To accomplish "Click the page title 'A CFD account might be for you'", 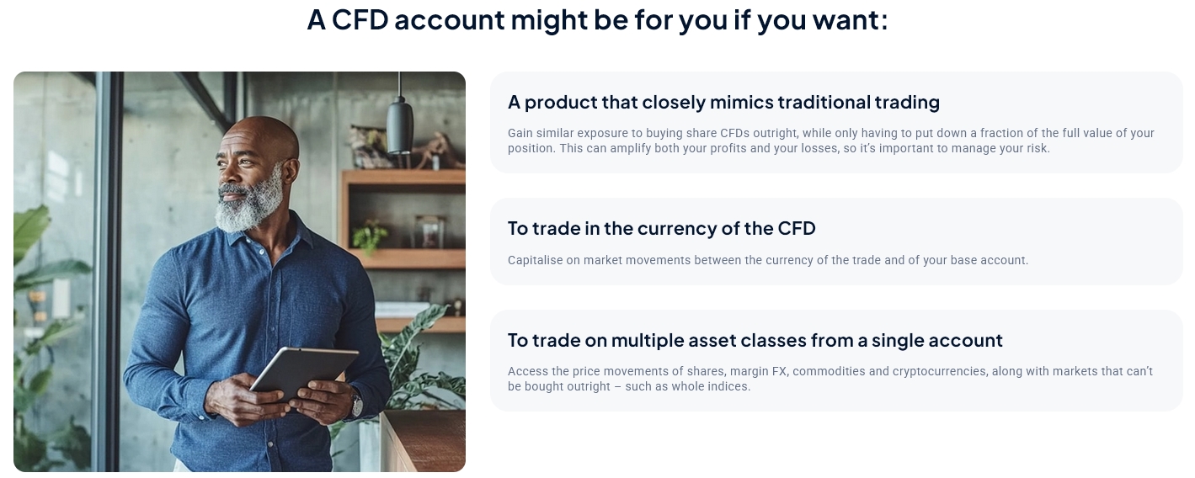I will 596,19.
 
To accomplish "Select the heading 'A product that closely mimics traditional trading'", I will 723,103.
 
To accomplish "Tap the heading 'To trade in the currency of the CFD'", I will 661,228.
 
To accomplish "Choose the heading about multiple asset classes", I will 755,340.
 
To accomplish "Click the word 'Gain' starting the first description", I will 520,133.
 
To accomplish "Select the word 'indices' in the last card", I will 730,386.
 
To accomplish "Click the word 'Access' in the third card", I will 526,371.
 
